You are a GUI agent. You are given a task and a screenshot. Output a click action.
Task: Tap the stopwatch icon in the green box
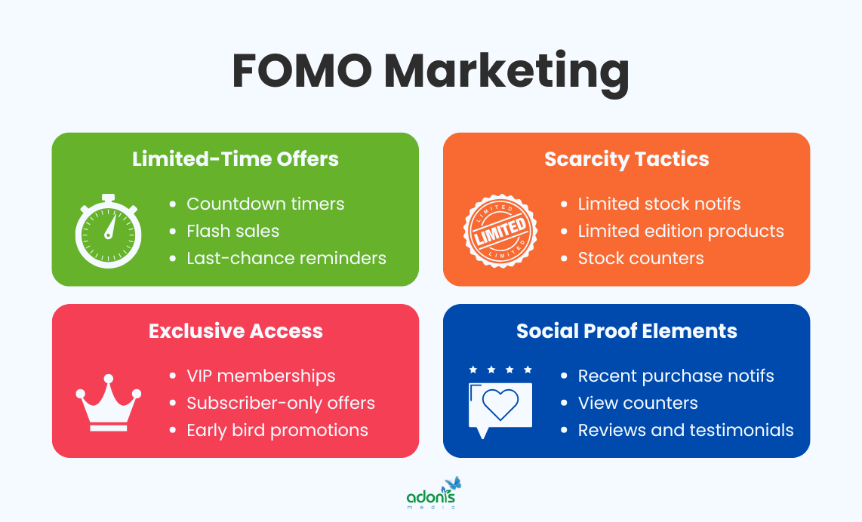pyautogui.click(x=108, y=231)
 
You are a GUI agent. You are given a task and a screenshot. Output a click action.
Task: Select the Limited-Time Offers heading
pyautogui.click(x=236, y=159)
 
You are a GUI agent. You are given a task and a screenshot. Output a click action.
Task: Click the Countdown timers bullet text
pyautogui.click(x=265, y=204)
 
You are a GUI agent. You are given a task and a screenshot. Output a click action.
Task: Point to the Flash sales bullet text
pyautogui.click(x=232, y=231)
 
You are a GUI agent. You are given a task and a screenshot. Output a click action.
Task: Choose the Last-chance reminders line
pyautogui.click(x=286, y=258)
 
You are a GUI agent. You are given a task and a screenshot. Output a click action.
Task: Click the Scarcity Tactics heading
pyautogui.click(x=626, y=159)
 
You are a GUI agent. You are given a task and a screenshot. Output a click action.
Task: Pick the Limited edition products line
pyautogui.click(x=680, y=231)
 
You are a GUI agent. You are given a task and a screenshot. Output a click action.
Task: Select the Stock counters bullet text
pyautogui.click(x=640, y=258)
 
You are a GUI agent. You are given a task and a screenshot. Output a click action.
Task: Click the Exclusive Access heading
pyautogui.click(x=236, y=330)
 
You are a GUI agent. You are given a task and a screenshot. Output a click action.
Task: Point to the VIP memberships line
pyautogui.click(x=261, y=376)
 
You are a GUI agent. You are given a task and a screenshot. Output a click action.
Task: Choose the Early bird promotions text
pyautogui.click(x=277, y=430)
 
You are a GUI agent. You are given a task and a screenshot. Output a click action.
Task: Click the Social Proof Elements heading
pyautogui.click(x=626, y=330)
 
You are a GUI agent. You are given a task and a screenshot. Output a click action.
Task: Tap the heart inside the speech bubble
pyautogui.click(x=500, y=404)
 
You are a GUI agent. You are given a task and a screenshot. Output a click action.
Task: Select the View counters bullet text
pyautogui.click(x=637, y=403)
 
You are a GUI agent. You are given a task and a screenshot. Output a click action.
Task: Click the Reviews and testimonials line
pyautogui.click(x=685, y=430)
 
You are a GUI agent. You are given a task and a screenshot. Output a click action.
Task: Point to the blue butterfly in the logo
pyautogui.click(x=453, y=484)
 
